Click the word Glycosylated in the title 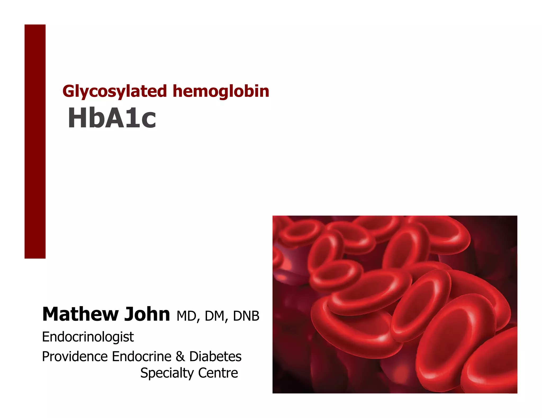(115, 91)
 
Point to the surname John (147, 314)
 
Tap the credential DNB (246, 316)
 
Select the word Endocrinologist (88, 337)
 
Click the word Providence (75, 356)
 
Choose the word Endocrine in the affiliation (142, 356)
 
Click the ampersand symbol (180, 356)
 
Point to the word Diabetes (215, 356)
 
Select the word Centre (218, 373)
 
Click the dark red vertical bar (35, 141)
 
